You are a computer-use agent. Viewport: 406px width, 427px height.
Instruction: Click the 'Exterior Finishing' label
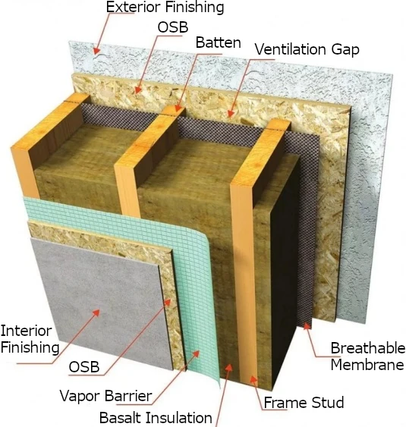coord(165,7)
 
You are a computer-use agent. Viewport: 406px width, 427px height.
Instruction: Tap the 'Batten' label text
coord(219,42)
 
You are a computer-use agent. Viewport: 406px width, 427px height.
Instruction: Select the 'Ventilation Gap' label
coord(307,50)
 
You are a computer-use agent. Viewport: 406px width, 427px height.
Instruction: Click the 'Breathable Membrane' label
coord(367,356)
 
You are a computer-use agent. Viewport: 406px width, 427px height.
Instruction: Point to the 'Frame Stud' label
coord(304,403)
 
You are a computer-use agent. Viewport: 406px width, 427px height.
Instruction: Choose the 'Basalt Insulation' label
coord(156,417)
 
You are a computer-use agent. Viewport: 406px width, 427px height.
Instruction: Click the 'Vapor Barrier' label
coord(105,396)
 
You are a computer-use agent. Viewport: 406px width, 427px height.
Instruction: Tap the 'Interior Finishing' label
coord(30,339)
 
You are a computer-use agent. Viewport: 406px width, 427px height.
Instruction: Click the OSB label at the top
coord(173,27)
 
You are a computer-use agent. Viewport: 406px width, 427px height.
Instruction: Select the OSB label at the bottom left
coord(84,367)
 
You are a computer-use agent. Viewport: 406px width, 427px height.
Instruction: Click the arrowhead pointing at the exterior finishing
coord(96,50)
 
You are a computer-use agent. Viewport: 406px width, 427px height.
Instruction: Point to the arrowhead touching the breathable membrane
coord(307,326)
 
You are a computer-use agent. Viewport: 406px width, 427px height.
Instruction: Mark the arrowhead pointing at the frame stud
coord(253,380)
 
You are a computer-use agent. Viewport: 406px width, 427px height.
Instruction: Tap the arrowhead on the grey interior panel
coord(96,313)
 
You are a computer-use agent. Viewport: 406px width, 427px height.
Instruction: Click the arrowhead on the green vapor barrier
coord(196,354)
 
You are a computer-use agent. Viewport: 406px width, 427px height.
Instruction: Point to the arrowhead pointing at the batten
coord(178,108)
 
